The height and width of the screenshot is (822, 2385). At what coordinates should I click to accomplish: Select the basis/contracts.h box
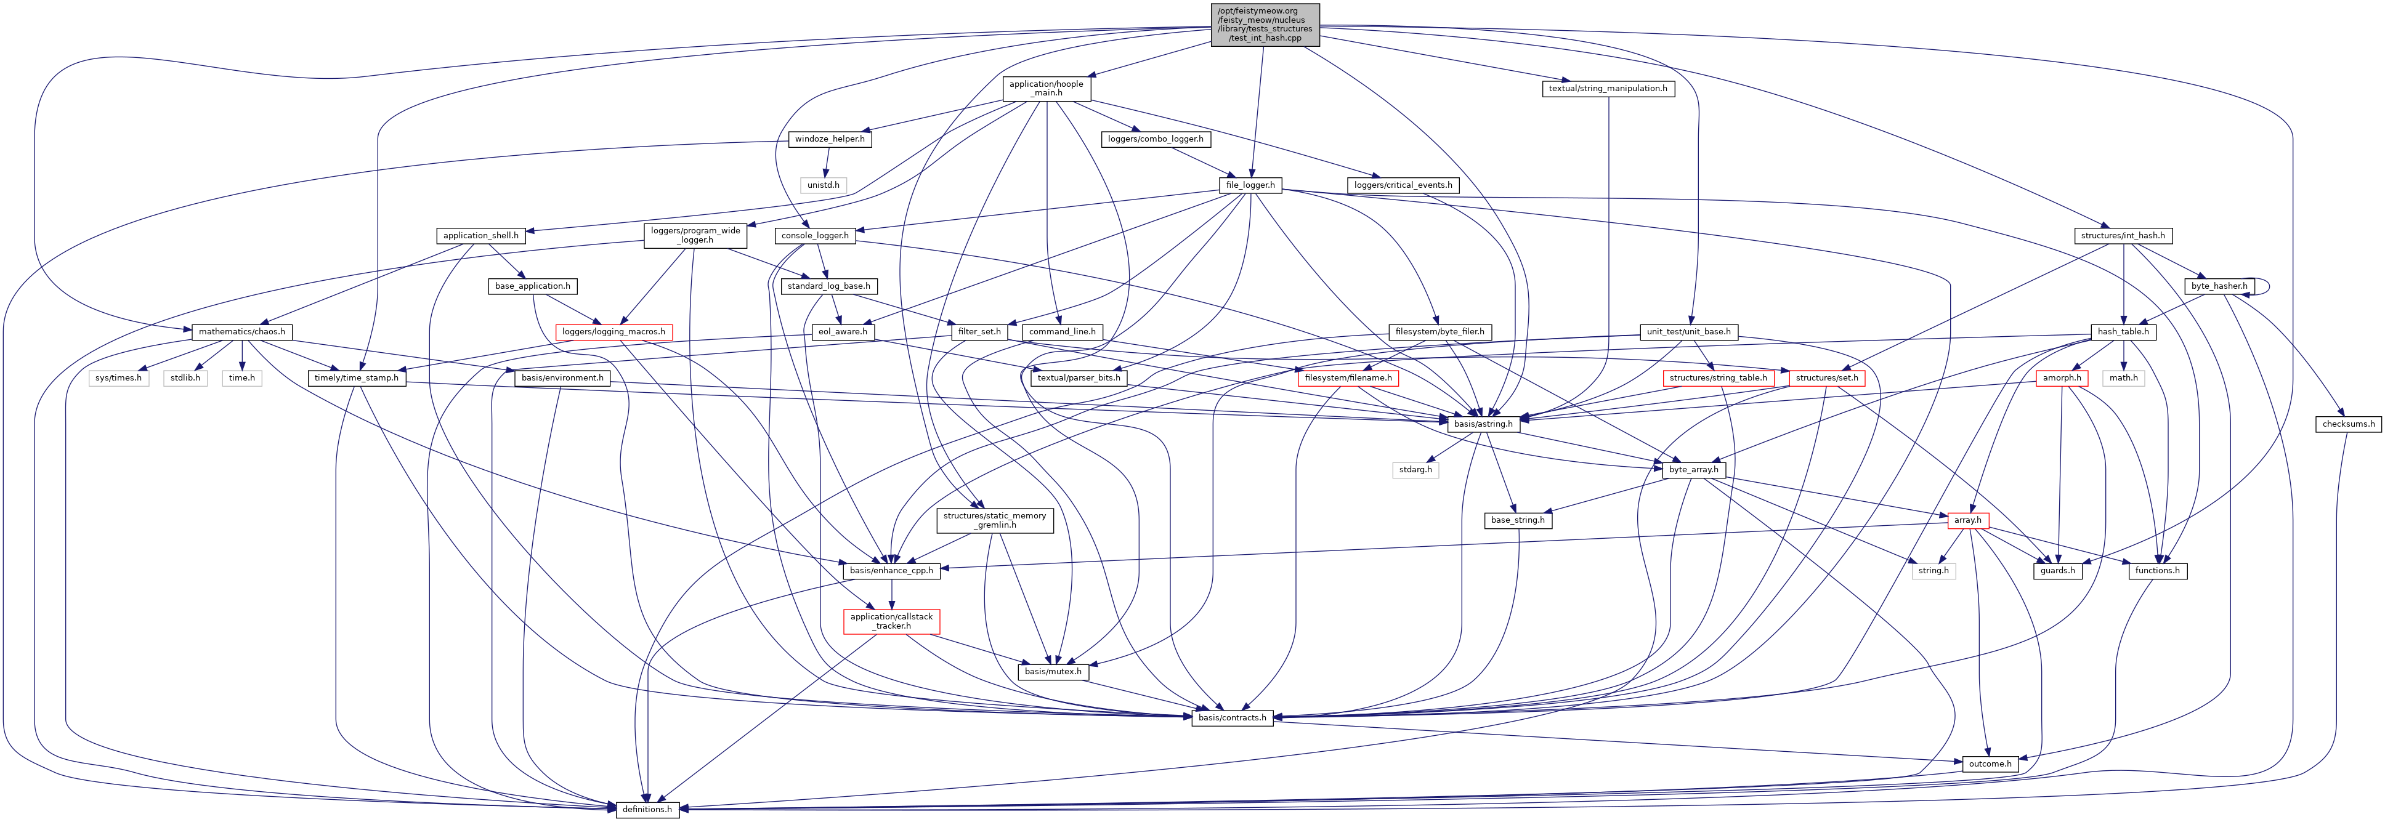pyautogui.click(x=1231, y=717)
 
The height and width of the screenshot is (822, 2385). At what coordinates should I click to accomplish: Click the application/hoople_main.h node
pyautogui.click(x=1047, y=89)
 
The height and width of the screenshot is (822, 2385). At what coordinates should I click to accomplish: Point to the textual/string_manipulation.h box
pyautogui.click(x=1608, y=89)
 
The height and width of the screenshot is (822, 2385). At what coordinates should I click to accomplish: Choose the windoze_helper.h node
pyautogui.click(x=830, y=139)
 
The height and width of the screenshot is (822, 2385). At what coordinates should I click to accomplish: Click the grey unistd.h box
pyautogui.click(x=823, y=185)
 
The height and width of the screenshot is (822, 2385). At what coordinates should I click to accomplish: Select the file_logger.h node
pyautogui.click(x=1250, y=185)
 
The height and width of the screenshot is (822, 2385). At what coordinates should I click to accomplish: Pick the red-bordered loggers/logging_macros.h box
pyautogui.click(x=613, y=331)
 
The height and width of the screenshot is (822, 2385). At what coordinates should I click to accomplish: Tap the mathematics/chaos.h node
pyautogui.click(x=241, y=331)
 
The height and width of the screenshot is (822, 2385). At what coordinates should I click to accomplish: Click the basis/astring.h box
pyautogui.click(x=1483, y=424)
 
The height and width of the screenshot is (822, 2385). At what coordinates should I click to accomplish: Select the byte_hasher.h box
pyautogui.click(x=2217, y=286)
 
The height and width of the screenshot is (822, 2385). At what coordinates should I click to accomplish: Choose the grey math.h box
pyautogui.click(x=2123, y=377)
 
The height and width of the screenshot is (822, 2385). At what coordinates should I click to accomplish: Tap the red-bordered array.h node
pyautogui.click(x=1967, y=520)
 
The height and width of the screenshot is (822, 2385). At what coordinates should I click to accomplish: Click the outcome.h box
pyautogui.click(x=1989, y=764)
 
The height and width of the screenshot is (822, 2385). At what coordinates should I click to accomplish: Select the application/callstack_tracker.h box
pyautogui.click(x=891, y=621)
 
